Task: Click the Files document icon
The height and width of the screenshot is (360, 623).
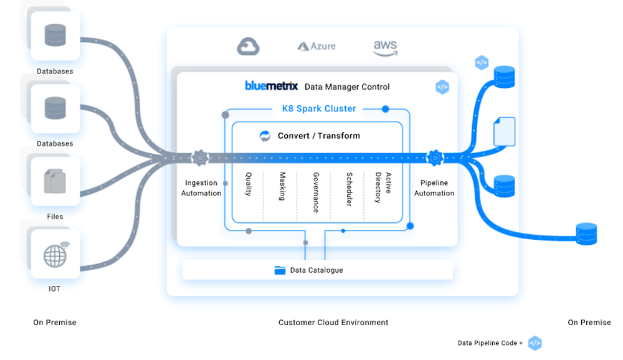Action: coord(55,181)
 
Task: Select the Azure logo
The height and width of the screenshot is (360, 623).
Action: coord(316,46)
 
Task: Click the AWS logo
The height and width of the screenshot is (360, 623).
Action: coord(385,47)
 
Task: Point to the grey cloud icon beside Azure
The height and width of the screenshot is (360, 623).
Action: coord(248,46)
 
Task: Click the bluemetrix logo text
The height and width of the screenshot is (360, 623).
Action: coord(272,86)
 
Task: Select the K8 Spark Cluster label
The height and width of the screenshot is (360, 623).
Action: coord(318,108)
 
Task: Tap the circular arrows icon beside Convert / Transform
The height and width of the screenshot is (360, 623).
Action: coord(265,136)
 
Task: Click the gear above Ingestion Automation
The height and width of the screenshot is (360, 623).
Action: coord(200,158)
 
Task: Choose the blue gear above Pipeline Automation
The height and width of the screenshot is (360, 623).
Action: coord(434,158)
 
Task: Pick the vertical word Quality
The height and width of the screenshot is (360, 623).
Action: coord(249,185)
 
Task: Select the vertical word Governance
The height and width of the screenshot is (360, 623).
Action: coord(316,192)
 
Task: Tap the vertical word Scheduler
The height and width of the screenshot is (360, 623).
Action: coord(350,189)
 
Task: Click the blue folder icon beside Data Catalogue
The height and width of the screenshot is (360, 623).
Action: coord(280,270)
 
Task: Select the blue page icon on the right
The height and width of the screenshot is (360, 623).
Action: coord(504,132)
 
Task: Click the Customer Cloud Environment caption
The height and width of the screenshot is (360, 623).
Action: coord(333,323)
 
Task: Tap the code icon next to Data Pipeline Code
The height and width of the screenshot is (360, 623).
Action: coord(535,343)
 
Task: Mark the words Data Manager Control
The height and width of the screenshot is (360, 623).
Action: coord(347,87)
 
